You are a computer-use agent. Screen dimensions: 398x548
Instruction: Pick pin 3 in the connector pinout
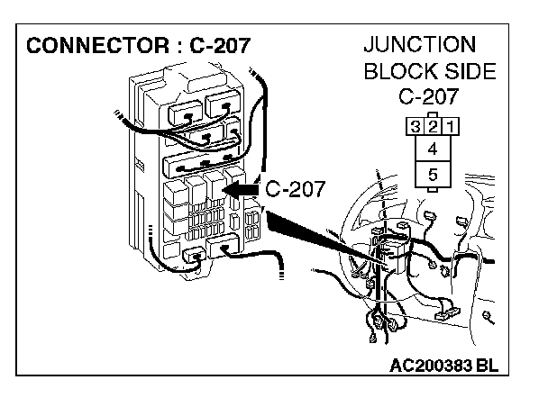point(415,126)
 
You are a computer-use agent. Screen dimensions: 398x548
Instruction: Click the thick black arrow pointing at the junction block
point(240,190)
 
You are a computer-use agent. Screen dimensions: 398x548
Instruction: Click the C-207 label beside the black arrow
point(294,189)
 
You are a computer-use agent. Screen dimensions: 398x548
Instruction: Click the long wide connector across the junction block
point(204,164)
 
